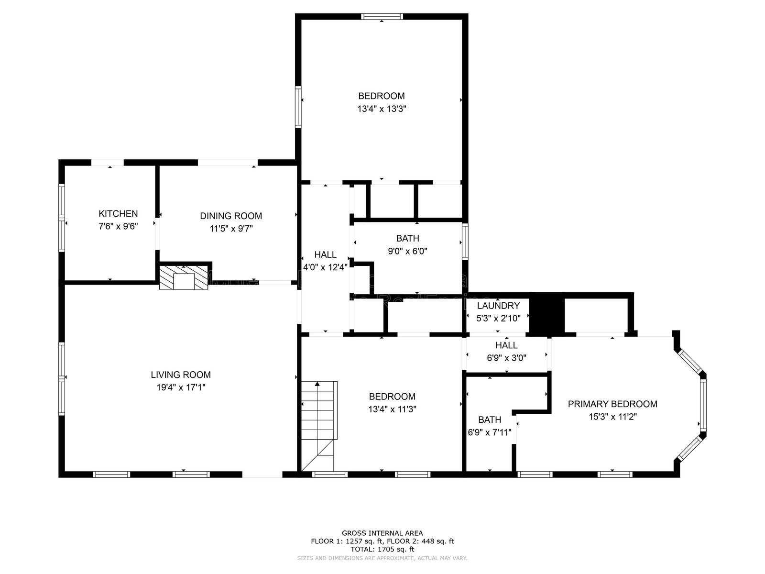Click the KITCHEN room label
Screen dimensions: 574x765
118,214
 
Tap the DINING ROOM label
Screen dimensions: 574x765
231,216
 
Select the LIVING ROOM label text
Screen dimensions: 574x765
181,375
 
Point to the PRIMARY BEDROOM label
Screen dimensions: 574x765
612,404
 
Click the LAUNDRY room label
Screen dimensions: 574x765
498,306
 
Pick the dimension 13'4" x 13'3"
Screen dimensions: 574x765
382,109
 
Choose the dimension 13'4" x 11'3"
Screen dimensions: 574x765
392,409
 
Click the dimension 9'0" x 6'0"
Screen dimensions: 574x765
407,251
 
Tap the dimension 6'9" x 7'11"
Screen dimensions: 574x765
490,432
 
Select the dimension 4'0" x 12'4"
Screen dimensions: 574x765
325,267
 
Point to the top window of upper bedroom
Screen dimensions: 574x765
382,17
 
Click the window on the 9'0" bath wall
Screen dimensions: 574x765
465,243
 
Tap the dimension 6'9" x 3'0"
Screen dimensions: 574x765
506,357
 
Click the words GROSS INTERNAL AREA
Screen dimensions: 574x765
382,533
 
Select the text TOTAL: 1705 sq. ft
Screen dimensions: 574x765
382,550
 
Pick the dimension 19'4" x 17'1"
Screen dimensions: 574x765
181,387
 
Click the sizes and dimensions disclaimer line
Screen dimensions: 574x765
382,558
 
